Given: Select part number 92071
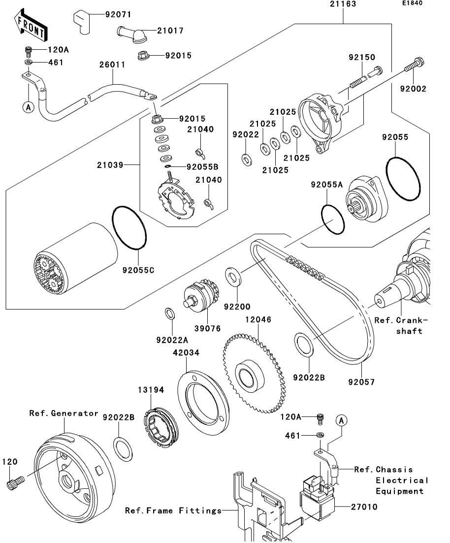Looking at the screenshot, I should point(118,14).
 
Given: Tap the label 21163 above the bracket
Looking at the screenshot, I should point(343,4).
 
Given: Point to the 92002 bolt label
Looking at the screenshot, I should point(413,89).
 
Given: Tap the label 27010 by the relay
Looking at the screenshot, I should point(365,507).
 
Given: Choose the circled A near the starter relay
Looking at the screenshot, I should point(341,420).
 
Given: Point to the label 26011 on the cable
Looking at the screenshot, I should point(112,65).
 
